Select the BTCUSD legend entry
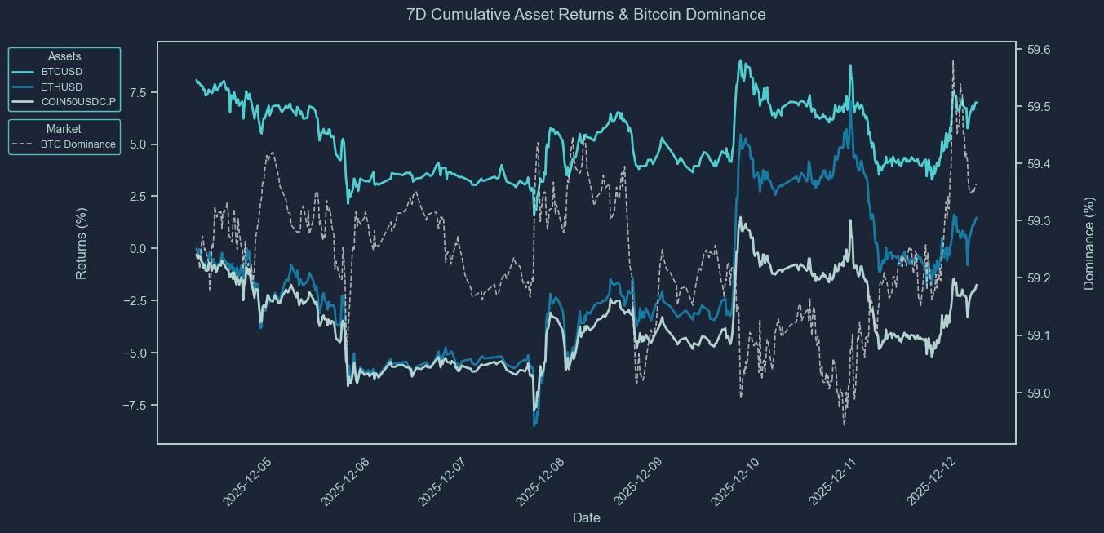click(x=61, y=72)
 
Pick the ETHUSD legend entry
click(x=61, y=87)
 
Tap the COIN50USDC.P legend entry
click(x=78, y=101)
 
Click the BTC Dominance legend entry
click(x=78, y=144)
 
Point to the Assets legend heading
click(x=64, y=56)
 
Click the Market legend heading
click(x=64, y=129)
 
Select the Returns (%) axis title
click(x=82, y=243)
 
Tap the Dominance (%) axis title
click(x=1088, y=243)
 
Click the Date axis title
click(x=587, y=517)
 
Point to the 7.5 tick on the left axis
click(x=138, y=92)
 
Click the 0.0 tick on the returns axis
click(x=138, y=248)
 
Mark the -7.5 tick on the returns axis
click(x=135, y=405)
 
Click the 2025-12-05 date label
click(x=246, y=482)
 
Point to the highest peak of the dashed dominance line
click(x=952, y=60)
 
